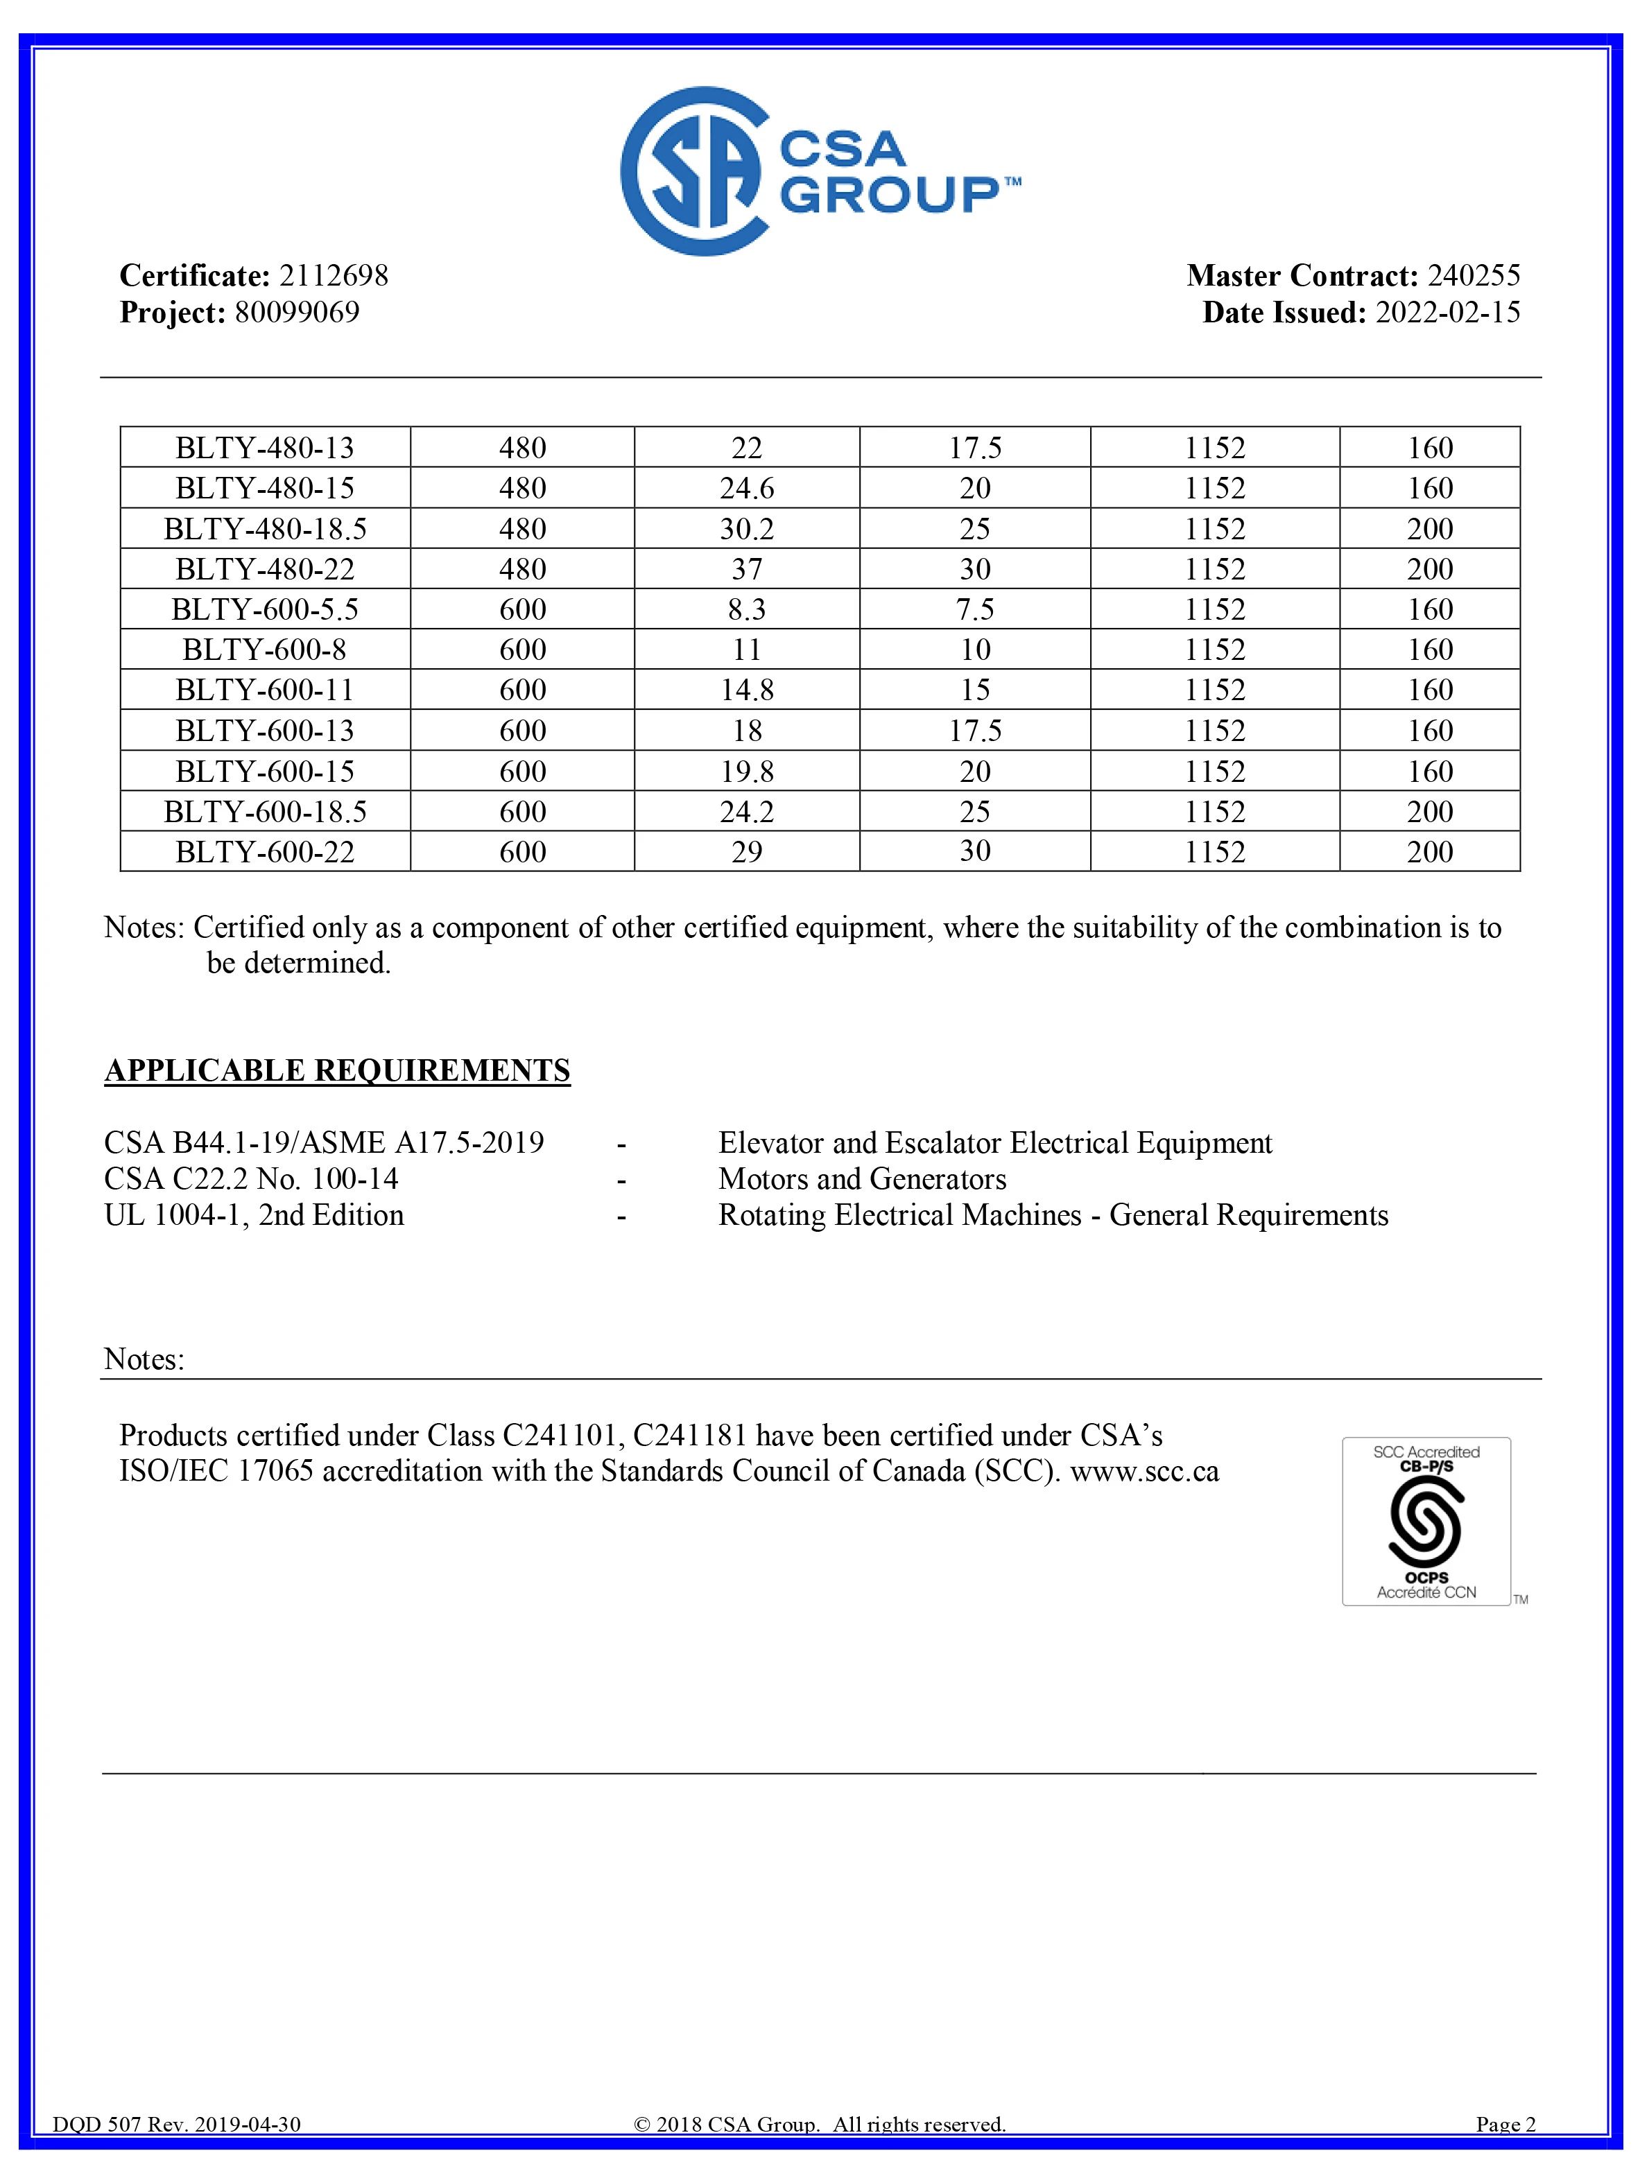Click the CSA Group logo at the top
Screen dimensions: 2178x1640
click(820, 171)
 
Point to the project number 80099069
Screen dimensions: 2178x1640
click(297, 313)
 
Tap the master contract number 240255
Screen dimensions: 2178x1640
click(1474, 276)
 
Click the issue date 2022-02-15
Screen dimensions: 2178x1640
click(1447, 313)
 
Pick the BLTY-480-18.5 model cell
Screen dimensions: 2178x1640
click(265, 529)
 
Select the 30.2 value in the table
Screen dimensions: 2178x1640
click(747, 529)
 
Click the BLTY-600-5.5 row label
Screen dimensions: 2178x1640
click(265, 609)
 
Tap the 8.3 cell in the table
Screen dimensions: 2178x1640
click(747, 609)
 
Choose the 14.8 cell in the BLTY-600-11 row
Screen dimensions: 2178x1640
click(747, 690)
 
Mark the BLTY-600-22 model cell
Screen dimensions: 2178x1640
click(265, 852)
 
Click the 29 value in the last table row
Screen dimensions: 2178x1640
click(747, 852)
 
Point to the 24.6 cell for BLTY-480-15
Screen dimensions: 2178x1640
click(747, 489)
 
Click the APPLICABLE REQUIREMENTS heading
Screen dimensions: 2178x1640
click(337, 1070)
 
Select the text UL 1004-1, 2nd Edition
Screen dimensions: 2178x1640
click(254, 1215)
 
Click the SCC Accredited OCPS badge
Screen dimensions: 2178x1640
click(1425, 1522)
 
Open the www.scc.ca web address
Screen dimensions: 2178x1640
click(1145, 1472)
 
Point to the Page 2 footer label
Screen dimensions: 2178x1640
click(1505, 2152)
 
